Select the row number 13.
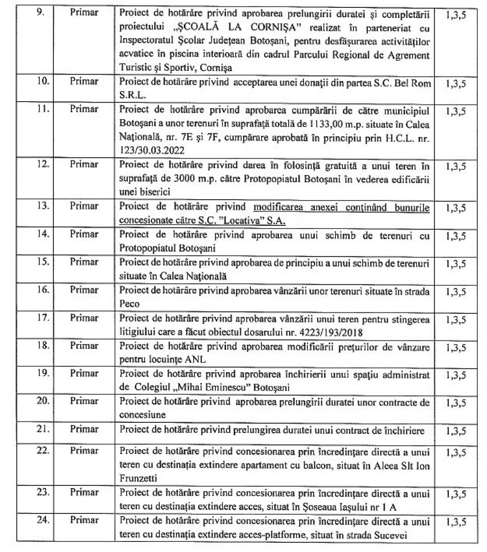click(x=43, y=206)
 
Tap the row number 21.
click(x=43, y=429)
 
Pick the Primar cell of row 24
click(x=84, y=520)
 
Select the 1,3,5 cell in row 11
click(x=456, y=111)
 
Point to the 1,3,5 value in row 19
click(x=456, y=375)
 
